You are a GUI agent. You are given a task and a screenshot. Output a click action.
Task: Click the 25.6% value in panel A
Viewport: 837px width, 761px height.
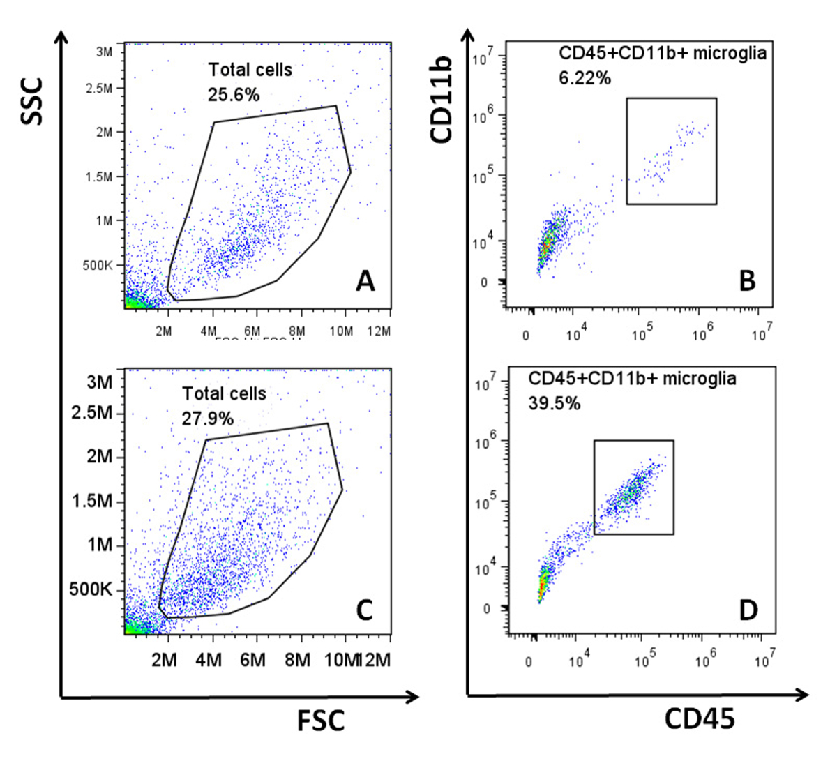point(234,94)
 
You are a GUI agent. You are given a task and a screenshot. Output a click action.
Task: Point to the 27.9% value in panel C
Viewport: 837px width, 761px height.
point(208,419)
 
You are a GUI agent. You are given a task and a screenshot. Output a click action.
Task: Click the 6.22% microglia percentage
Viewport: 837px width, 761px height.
point(585,78)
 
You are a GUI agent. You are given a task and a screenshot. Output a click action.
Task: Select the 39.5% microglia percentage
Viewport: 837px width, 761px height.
point(554,402)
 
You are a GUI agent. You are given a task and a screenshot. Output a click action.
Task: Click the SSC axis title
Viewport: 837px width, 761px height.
point(32,101)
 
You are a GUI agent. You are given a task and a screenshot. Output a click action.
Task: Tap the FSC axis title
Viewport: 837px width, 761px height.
point(321,721)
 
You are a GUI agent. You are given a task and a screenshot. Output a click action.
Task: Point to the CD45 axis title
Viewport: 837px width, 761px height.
point(699,719)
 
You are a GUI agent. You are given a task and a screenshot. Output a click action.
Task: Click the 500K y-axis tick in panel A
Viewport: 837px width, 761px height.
point(98,266)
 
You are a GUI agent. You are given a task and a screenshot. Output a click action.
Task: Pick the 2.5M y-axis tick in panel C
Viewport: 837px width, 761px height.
point(92,413)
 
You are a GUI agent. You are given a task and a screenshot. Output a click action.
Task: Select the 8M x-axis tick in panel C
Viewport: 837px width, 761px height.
point(298,659)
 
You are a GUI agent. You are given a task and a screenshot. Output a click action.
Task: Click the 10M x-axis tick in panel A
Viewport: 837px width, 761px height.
point(341,331)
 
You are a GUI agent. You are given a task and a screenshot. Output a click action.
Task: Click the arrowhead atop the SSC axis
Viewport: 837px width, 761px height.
point(61,36)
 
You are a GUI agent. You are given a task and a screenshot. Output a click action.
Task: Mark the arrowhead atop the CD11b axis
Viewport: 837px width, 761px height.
point(467,36)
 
